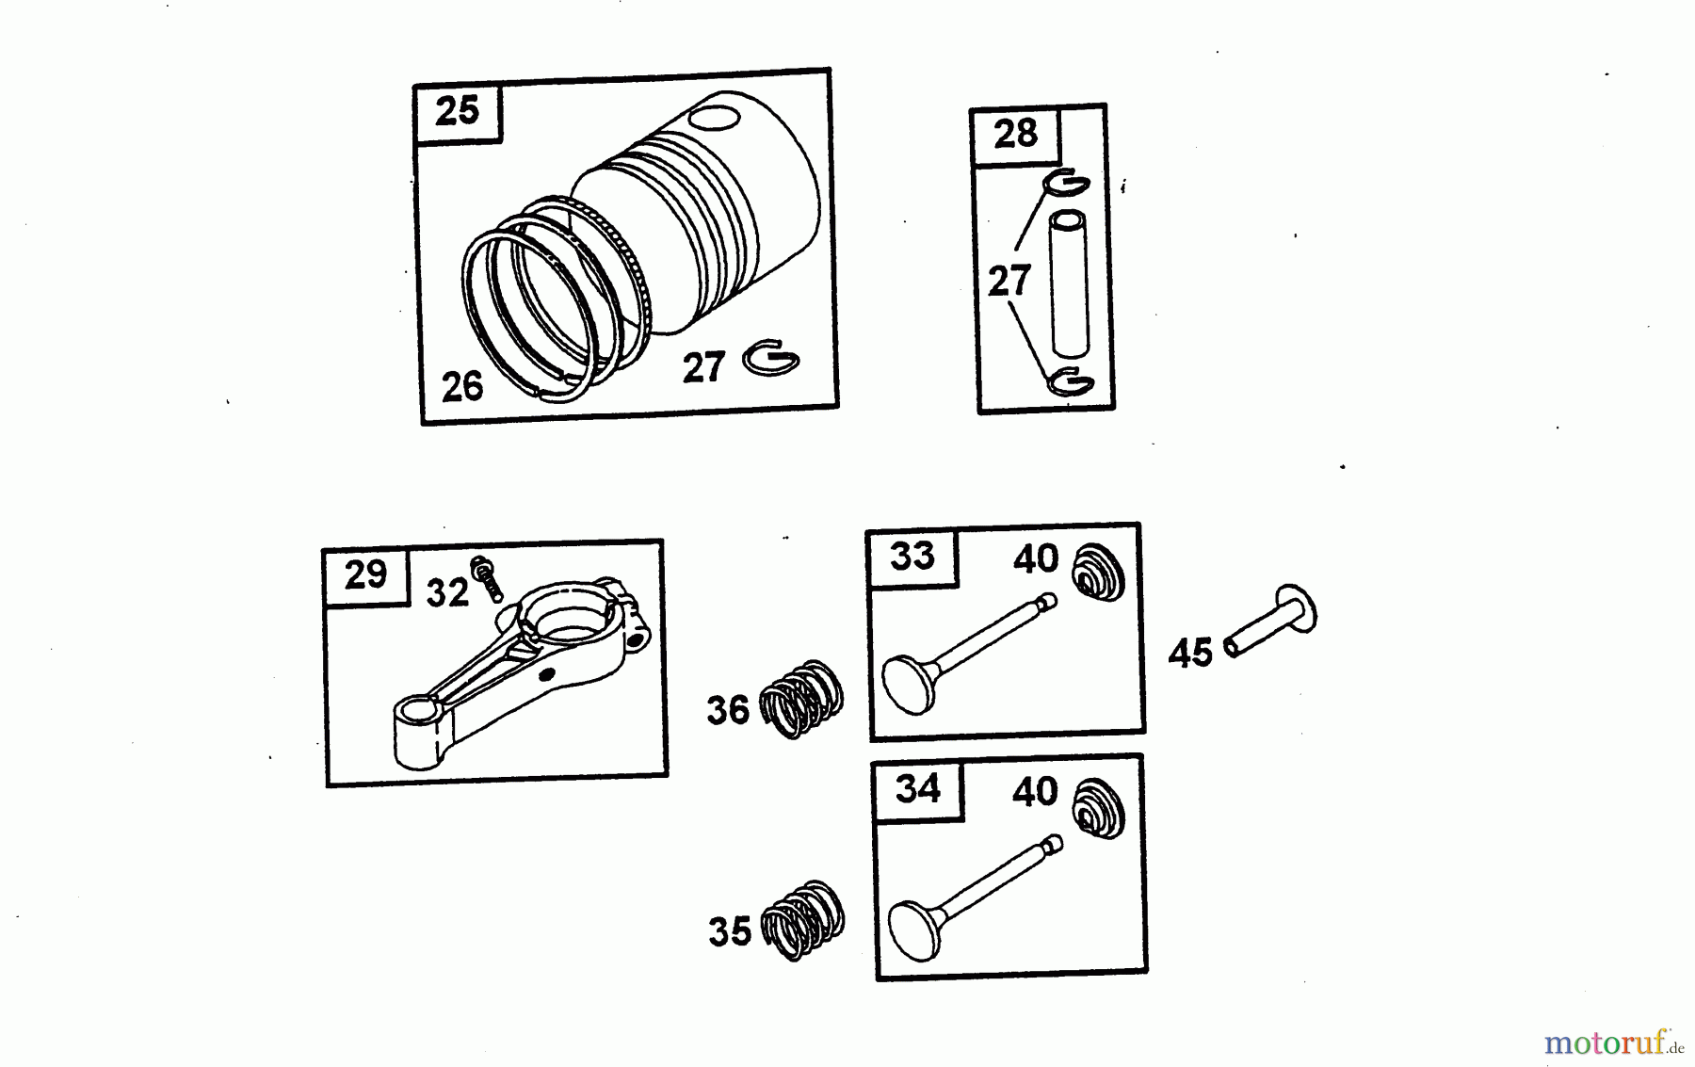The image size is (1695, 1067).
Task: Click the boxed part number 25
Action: pyautogui.click(x=458, y=111)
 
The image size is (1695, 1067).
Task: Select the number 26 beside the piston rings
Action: pyautogui.click(x=461, y=386)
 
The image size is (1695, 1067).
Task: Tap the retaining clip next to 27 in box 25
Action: pyautogui.click(x=770, y=359)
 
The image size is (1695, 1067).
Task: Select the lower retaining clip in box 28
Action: pyautogui.click(x=1070, y=382)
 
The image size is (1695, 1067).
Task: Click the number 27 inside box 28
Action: pyautogui.click(x=1009, y=281)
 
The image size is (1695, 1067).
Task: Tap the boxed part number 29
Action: pyautogui.click(x=365, y=574)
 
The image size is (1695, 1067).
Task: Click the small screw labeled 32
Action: pyautogui.click(x=487, y=576)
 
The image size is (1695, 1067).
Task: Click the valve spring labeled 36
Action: pyautogui.click(x=801, y=698)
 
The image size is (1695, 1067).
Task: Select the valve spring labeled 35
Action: pyautogui.click(x=802, y=920)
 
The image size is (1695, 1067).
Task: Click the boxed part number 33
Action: pyautogui.click(x=912, y=556)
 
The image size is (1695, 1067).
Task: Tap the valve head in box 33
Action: pyautogui.click(x=909, y=683)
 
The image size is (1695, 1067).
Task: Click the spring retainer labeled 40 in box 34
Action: pyautogui.click(x=1099, y=809)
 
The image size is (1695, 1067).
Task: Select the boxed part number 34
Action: pyautogui.click(x=917, y=787)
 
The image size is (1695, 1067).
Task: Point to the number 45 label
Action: pyautogui.click(x=1190, y=653)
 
